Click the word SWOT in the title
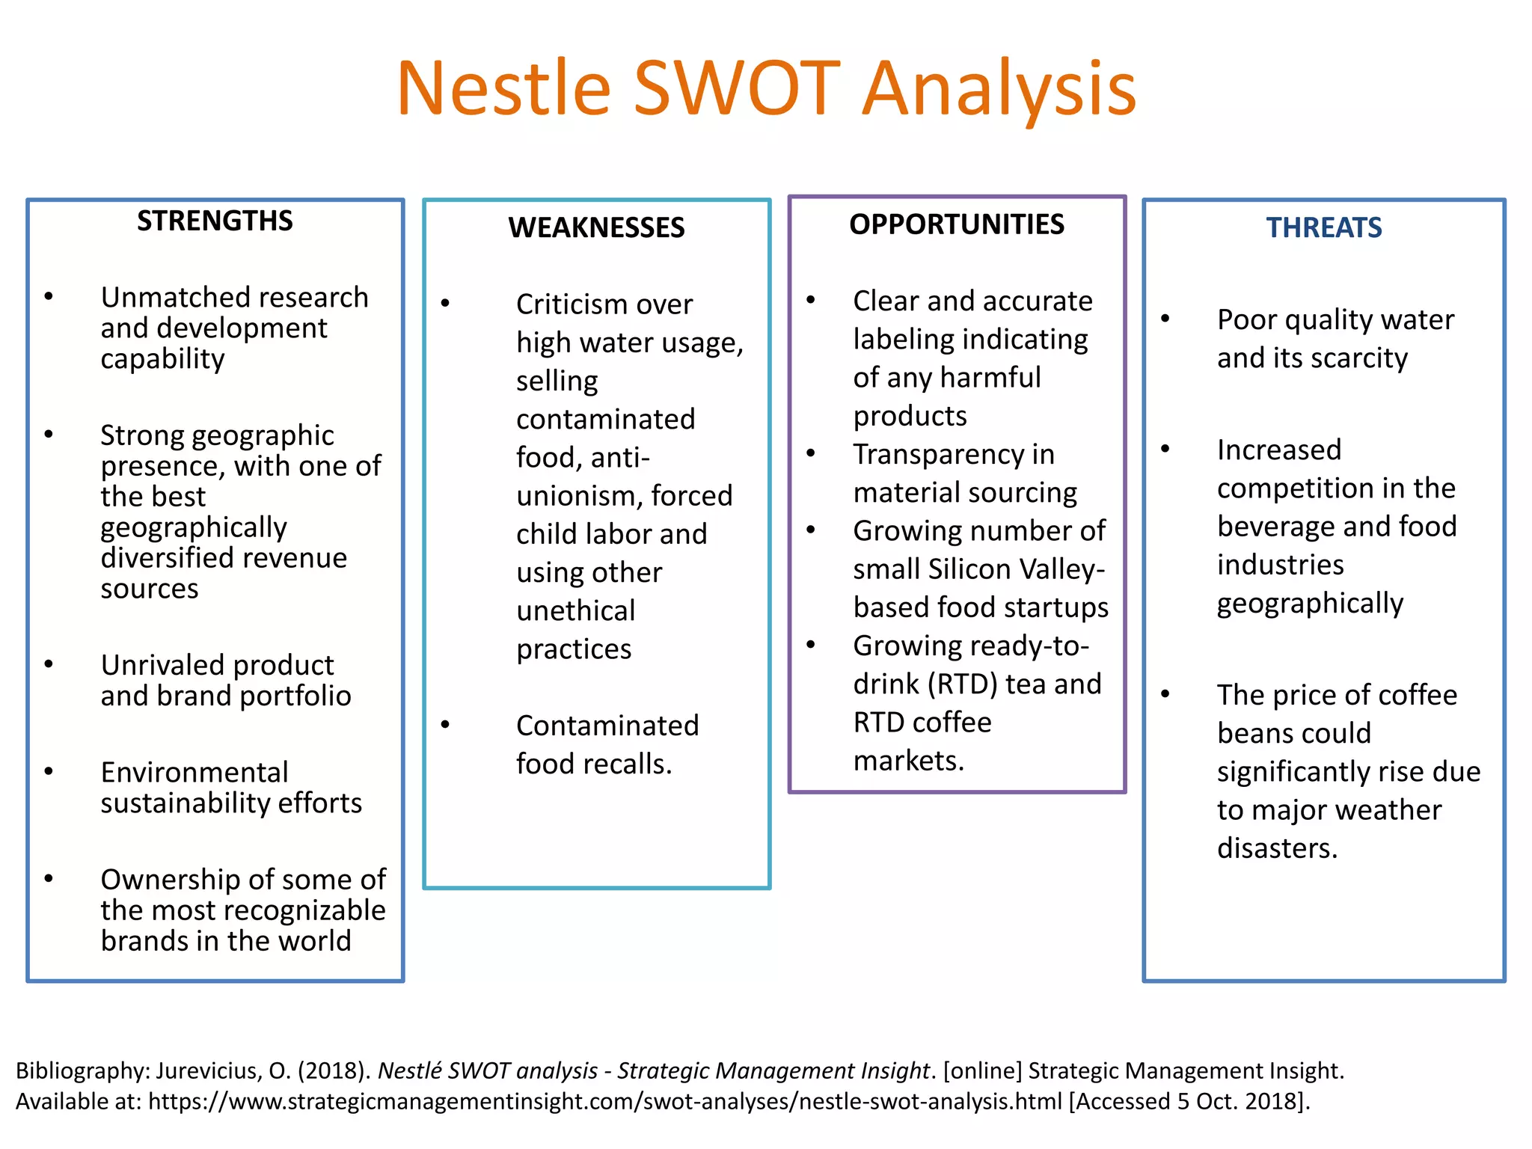[737, 88]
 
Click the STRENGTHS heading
[215, 221]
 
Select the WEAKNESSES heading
[596, 227]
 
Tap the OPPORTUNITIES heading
[956, 224]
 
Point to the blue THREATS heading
[1323, 227]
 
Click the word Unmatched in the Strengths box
[168, 298]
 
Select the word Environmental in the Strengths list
[194, 772]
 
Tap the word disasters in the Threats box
[1277, 848]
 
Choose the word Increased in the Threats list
[1279, 450]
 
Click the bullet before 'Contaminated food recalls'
[445, 724]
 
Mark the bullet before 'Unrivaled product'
[49, 664]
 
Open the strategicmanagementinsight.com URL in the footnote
[604, 1102]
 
